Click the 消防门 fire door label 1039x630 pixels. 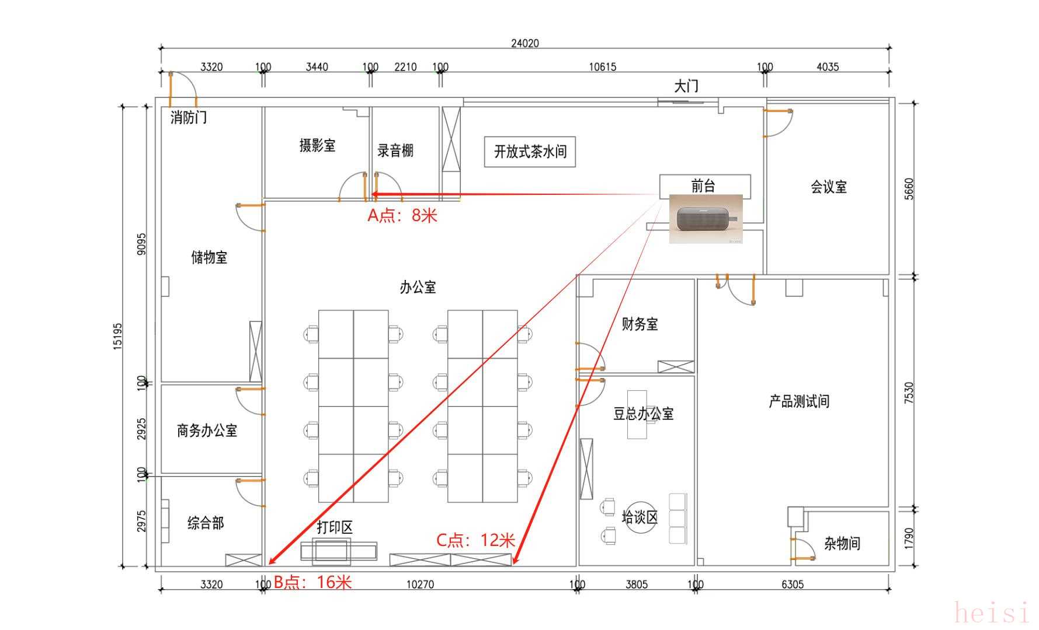tap(188, 118)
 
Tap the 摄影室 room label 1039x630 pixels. tap(318, 145)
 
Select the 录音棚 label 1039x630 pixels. tap(395, 150)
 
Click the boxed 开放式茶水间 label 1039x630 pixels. tap(530, 152)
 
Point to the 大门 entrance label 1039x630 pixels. tap(686, 86)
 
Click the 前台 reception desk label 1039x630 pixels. tap(703, 186)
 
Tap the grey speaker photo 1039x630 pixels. tap(706, 219)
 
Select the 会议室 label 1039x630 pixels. tap(829, 187)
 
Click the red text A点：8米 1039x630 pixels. tap(402, 216)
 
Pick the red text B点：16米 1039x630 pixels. tap(313, 582)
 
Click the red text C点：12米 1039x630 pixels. tap(476, 540)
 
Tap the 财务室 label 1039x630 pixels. tap(640, 324)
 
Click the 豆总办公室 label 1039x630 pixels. tap(644, 414)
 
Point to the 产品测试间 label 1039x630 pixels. tap(799, 401)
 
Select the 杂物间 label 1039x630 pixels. tap(842, 544)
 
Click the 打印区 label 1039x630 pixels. tap(335, 527)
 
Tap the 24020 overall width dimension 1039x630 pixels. tap(525, 43)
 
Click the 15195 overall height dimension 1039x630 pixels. tap(118, 336)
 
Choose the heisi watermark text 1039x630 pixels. tap(991, 613)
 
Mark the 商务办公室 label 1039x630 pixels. tap(207, 430)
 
